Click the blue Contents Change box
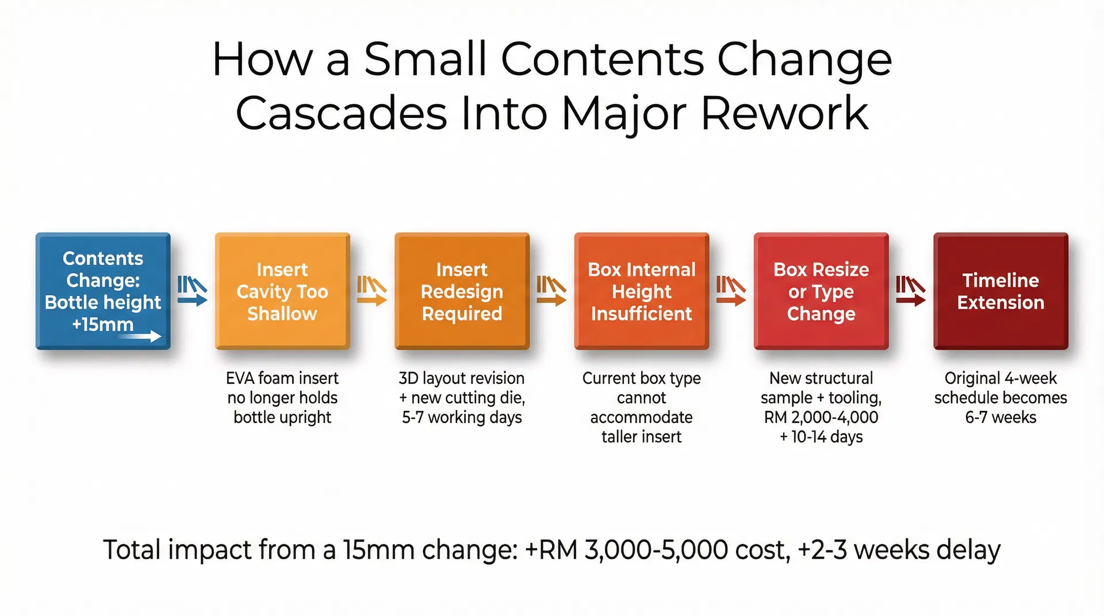coord(103,291)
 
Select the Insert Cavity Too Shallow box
coord(282,291)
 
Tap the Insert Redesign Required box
coord(462,291)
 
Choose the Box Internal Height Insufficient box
coord(641,291)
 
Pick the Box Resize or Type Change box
coord(821,291)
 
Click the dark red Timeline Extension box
coord(1000,291)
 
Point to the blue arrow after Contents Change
coord(193,291)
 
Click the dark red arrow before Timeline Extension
coord(911,291)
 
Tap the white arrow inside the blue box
coord(141,336)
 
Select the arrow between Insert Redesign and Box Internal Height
coord(552,291)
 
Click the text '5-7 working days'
coord(462,418)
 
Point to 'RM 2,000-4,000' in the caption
coord(821,418)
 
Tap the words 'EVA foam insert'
coord(282,379)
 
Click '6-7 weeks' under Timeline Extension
coord(1000,418)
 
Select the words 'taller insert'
coord(641,437)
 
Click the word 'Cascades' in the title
coord(341,114)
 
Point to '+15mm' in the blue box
coord(102,325)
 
